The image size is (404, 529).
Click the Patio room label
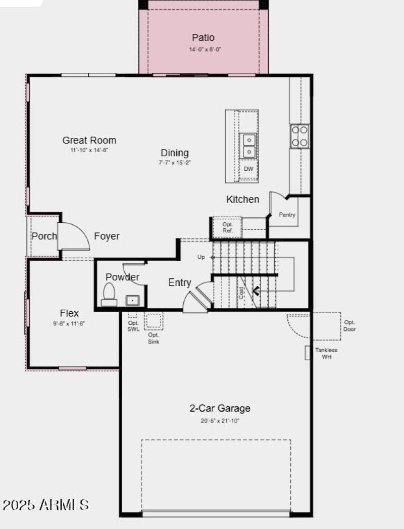pyautogui.click(x=203, y=37)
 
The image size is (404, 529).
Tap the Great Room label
pyautogui.click(x=89, y=140)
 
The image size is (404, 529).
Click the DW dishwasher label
pyautogui.click(x=248, y=169)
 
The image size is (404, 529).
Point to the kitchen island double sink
pyautogui.click(x=249, y=146)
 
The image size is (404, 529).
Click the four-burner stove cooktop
pyautogui.click(x=299, y=136)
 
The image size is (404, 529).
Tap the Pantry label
pyautogui.click(x=287, y=215)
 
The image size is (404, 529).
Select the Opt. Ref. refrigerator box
pyautogui.click(x=227, y=227)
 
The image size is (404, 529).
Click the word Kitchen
pyautogui.click(x=242, y=199)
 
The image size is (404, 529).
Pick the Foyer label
pyautogui.click(x=107, y=236)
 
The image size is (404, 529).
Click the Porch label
pyautogui.click(x=44, y=236)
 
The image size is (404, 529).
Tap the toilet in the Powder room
pyautogui.click(x=109, y=295)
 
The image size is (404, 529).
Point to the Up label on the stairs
pyautogui.click(x=201, y=257)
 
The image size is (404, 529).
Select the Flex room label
pyautogui.click(x=69, y=313)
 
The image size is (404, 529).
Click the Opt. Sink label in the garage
pyautogui.click(x=154, y=338)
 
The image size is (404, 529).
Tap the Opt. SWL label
pyautogui.click(x=133, y=326)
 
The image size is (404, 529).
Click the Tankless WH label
pyautogui.click(x=326, y=353)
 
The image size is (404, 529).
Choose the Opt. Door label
pyautogui.click(x=349, y=325)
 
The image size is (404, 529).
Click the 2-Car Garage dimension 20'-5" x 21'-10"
pyautogui.click(x=220, y=420)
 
